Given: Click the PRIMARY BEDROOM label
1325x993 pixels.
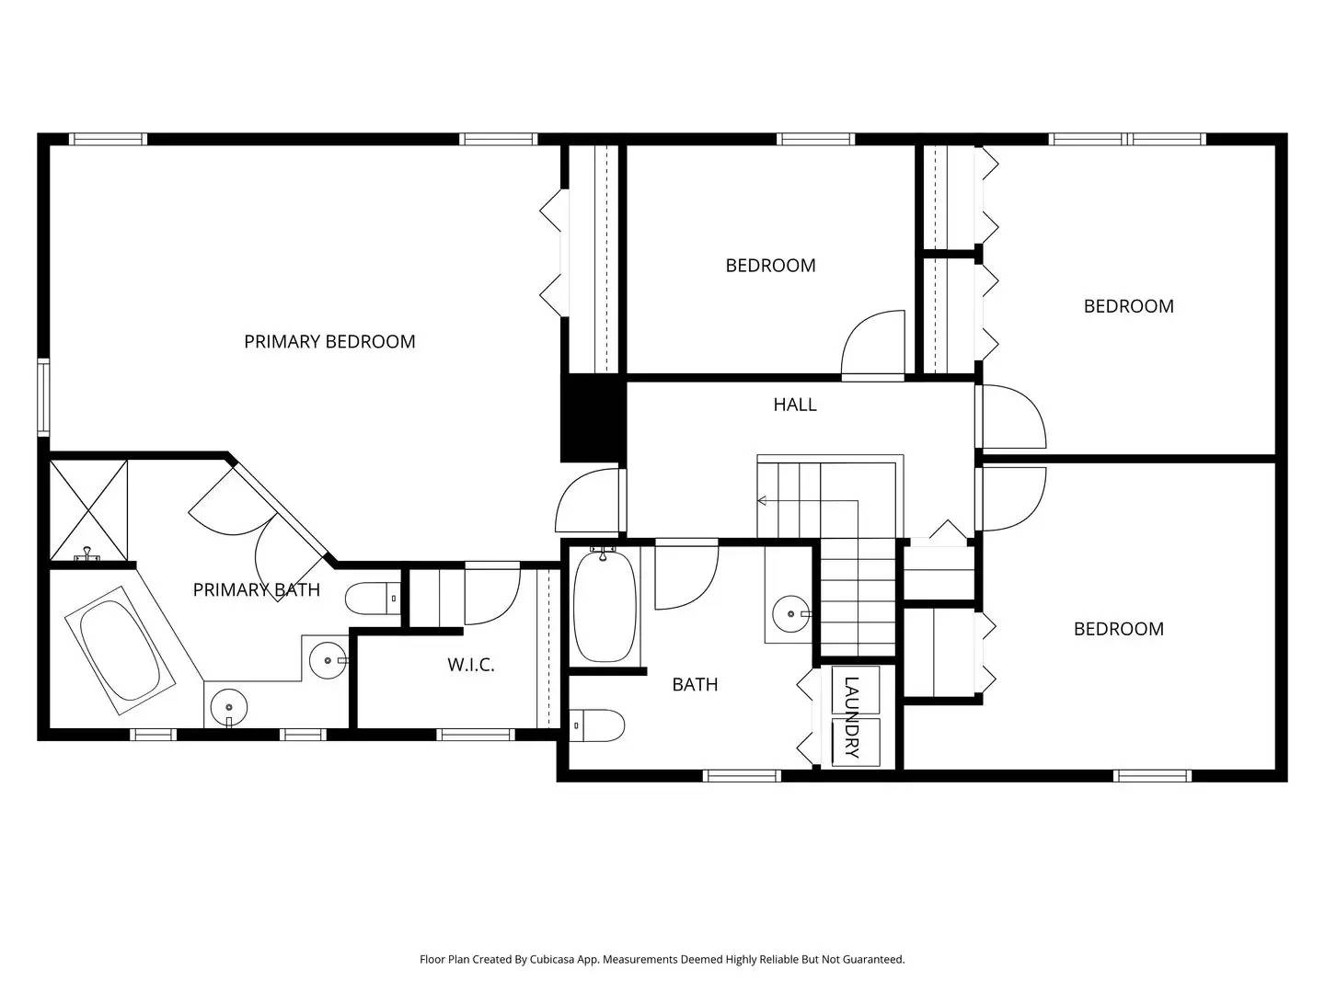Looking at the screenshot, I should tap(329, 341).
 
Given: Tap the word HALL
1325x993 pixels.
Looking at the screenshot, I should tap(794, 405).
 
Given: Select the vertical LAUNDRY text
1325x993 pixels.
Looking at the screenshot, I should tap(851, 717).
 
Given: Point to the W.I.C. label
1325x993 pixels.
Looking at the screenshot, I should tap(471, 665).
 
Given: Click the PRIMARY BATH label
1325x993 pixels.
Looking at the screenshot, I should tap(256, 590).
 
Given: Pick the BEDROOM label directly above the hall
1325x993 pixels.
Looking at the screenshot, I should tap(770, 266).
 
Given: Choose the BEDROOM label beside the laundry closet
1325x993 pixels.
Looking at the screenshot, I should tap(1118, 629).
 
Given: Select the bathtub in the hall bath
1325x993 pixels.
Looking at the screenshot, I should tap(605, 605).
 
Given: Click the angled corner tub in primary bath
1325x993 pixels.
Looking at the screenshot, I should tap(120, 650).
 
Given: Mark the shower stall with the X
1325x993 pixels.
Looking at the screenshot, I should tap(88, 509).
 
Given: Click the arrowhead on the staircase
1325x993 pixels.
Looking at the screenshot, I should tap(762, 501).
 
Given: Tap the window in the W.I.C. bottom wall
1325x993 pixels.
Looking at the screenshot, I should tap(475, 734).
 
